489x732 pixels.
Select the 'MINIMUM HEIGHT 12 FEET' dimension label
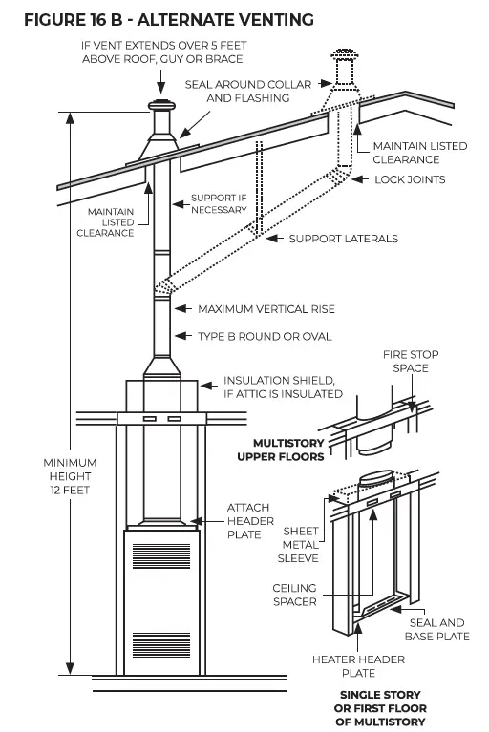click(70, 475)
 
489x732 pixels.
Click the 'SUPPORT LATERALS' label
click(343, 238)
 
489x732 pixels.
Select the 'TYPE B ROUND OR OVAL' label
click(265, 336)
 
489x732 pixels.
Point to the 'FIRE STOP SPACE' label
click(410, 362)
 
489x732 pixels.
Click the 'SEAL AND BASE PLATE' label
click(438, 630)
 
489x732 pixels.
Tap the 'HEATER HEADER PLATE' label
click(358, 666)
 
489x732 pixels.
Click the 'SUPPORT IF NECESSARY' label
click(219, 203)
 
